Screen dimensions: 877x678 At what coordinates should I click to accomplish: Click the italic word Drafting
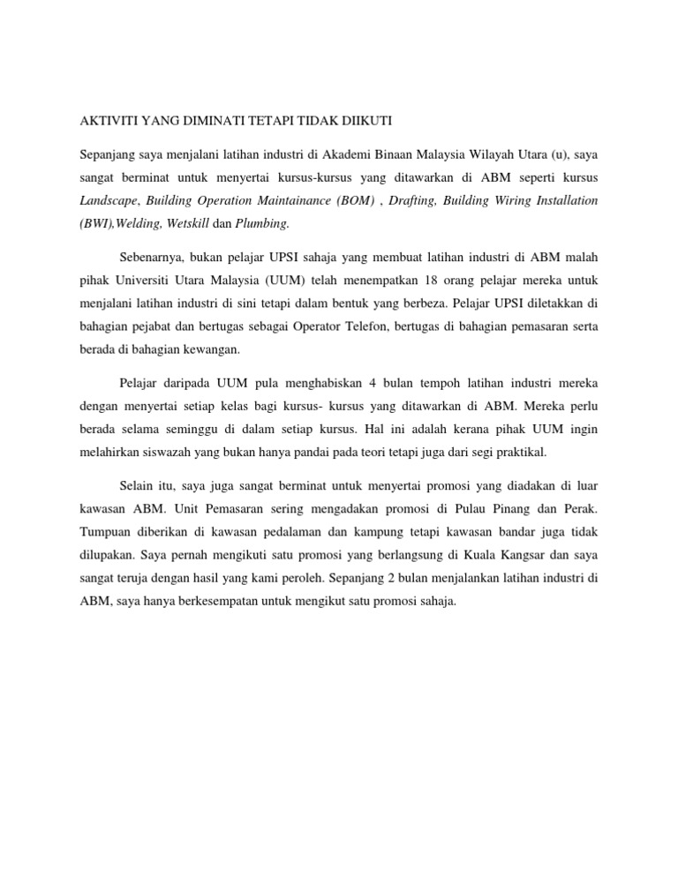coord(416,200)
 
